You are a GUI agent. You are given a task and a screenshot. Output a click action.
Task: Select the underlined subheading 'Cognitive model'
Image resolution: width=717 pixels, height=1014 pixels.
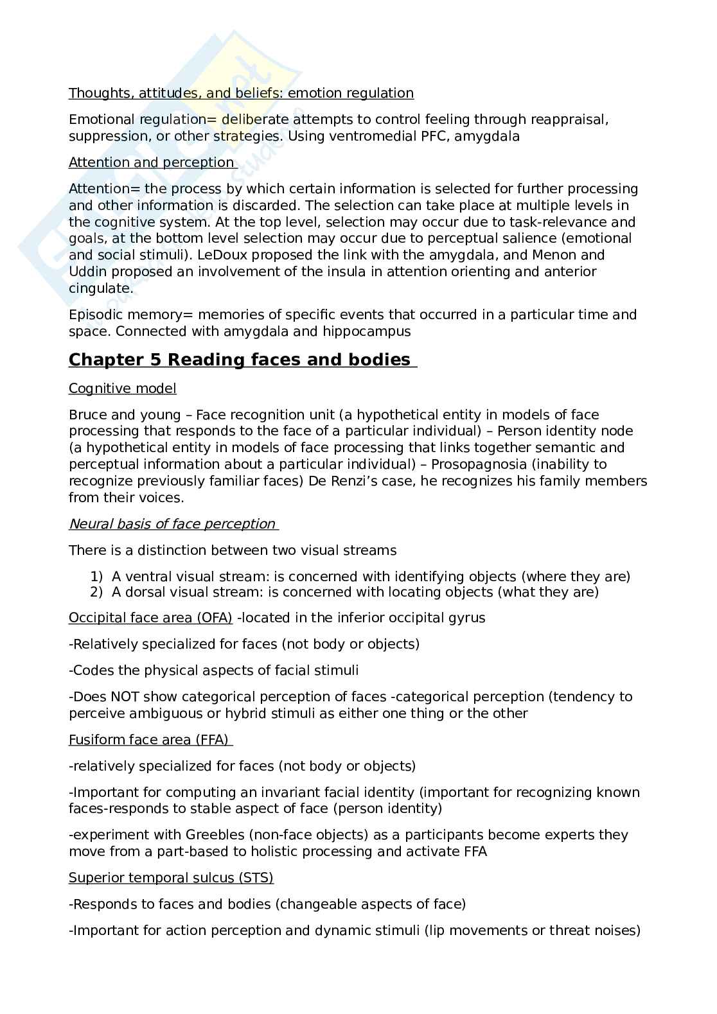[x=122, y=389]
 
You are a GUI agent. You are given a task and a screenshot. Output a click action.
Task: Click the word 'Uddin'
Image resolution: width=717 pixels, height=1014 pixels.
[x=87, y=272]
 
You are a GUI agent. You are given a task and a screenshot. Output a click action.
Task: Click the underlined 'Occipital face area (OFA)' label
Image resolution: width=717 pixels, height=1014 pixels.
[x=150, y=618]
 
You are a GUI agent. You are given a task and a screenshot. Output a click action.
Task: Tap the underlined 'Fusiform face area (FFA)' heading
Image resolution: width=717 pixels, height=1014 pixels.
[x=149, y=740]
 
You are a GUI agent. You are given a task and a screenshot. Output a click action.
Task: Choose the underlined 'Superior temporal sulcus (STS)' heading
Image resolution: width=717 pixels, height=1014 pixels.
[x=171, y=878]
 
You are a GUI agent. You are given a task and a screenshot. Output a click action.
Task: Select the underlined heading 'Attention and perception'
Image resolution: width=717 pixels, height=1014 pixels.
[x=152, y=162]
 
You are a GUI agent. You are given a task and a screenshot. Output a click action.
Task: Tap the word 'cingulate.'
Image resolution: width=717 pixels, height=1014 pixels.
[x=101, y=288]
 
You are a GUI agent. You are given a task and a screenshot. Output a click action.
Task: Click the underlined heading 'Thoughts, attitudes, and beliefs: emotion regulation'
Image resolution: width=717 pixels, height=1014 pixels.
[x=241, y=93]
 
